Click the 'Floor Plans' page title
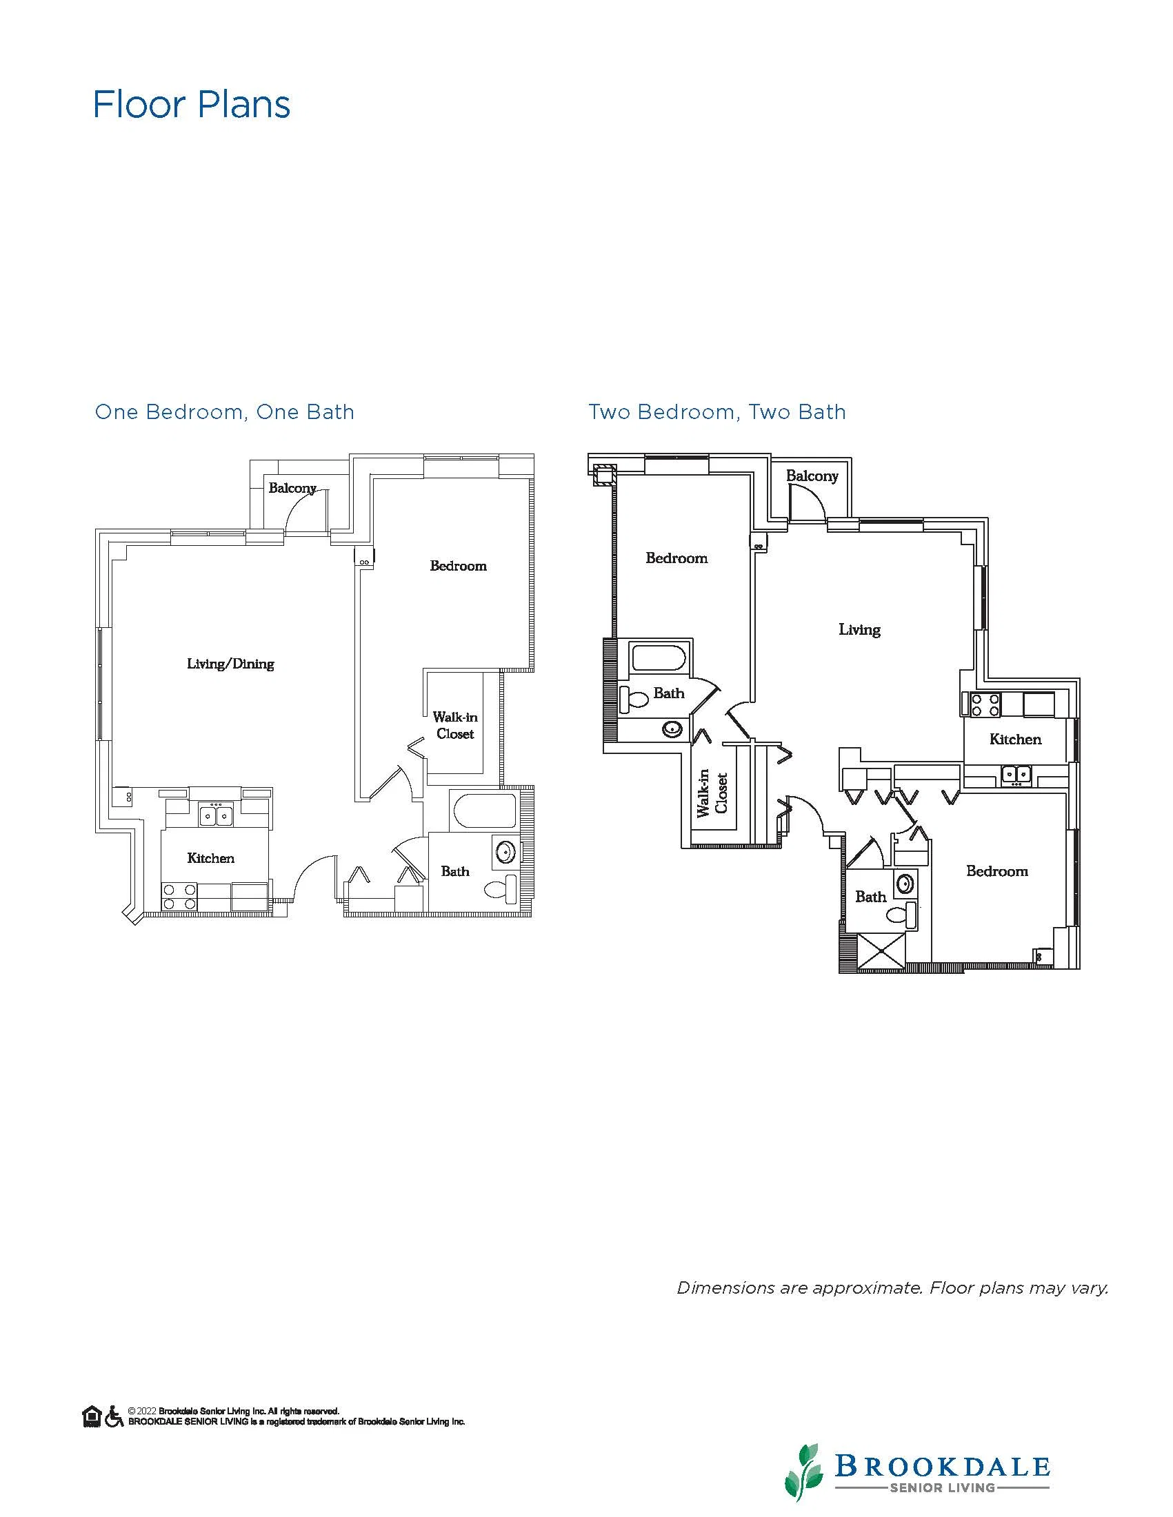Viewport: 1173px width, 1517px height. [192, 105]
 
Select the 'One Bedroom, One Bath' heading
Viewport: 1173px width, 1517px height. [224, 412]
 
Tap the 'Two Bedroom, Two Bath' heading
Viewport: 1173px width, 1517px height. [717, 412]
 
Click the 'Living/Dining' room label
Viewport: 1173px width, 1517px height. [231, 664]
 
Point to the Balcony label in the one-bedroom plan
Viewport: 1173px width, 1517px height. [292, 488]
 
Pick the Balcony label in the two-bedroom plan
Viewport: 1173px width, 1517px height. [812, 476]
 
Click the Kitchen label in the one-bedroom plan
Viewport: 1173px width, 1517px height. [210, 859]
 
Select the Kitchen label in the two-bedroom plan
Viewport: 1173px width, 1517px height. [1015, 740]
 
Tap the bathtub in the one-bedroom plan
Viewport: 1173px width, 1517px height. [483, 810]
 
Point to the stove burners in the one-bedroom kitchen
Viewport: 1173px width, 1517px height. [179, 897]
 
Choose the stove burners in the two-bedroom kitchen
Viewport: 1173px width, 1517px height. [985, 705]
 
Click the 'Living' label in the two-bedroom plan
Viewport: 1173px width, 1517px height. [860, 630]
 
